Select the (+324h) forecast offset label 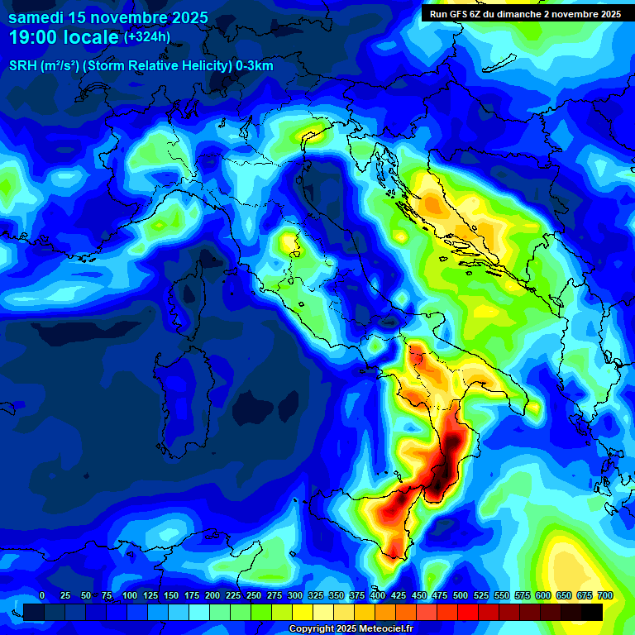coord(147,37)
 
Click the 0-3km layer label coord(254,66)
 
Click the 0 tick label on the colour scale coord(42,595)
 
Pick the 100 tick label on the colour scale coord(129,595)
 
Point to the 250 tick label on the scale coord(254,595)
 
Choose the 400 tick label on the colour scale coord(378,595)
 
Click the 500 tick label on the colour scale coord(461,595)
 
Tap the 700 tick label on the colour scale coord(605,595)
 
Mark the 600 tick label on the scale coord(543,595)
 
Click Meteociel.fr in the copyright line coord(380,628)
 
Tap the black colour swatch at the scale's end coord(592,612)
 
